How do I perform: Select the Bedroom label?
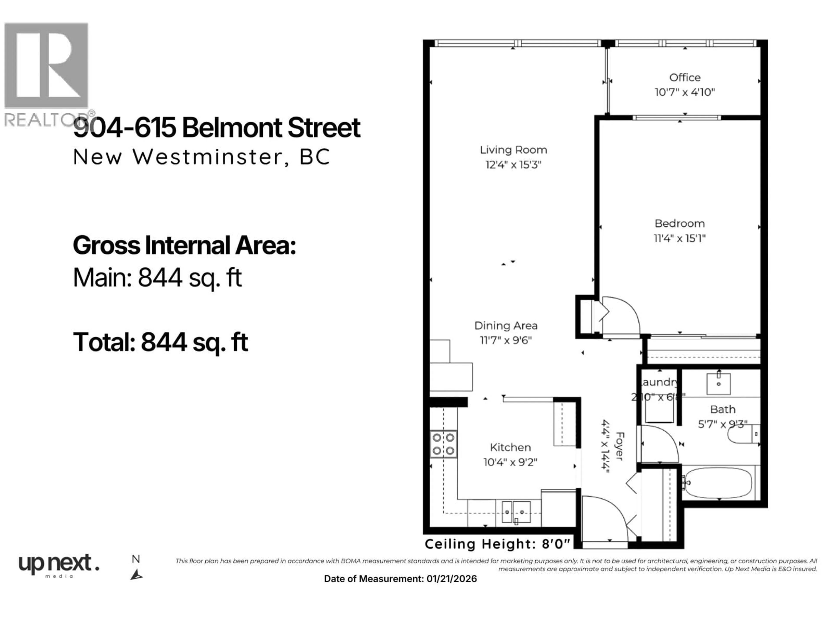pyautogui.click(x=679, y=223)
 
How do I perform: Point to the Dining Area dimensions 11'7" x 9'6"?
pyautogui.click(x=505, y=340)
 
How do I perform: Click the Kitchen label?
pyautogui.click(x=510, y=447)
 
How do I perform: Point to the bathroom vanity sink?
pyautogui.click(x=718, y=384)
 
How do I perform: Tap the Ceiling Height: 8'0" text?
pyautogui.click(x=497, y=544)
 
